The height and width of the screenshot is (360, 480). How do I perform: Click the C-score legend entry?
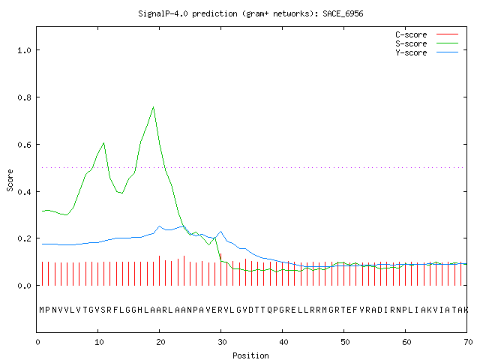(427, 34)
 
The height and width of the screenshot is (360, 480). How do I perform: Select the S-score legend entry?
(427, 43)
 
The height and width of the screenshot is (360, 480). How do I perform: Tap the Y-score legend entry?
(427, 52)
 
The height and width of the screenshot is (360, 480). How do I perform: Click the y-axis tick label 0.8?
(25, 97)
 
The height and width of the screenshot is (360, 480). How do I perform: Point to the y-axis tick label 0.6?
(25, 145)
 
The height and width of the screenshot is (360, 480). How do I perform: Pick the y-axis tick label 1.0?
(25, 50)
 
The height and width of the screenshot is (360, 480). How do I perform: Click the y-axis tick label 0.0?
(25, 286)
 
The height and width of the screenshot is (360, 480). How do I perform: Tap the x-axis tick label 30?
(222, 342)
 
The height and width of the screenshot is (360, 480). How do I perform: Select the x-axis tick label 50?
(345, 342)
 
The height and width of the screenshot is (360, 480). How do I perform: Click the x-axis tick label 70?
(468, 342)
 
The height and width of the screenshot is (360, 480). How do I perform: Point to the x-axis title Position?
(250, 355)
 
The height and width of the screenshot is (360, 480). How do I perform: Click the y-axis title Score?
(10, 181)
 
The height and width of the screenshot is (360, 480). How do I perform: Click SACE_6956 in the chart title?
(343, 13)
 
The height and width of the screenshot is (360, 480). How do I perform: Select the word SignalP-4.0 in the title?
(163, 13)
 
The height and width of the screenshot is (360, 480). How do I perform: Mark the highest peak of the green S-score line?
(153, 106)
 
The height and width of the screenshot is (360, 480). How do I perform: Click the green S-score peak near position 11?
(104, 143)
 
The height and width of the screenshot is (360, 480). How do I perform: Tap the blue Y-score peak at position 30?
(220, 232)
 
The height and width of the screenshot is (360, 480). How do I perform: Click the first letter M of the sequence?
(42, 310)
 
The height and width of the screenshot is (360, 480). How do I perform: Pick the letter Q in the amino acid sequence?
(270, 310)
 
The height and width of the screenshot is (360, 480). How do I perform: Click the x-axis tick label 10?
(99, 342)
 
